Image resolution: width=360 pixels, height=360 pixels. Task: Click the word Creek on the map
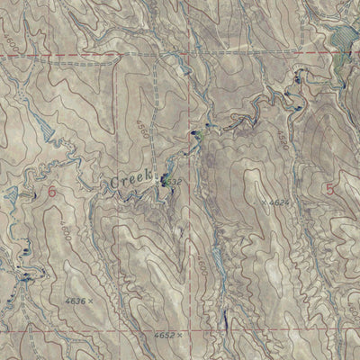point(132,181)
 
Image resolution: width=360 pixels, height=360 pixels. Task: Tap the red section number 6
point(51,191)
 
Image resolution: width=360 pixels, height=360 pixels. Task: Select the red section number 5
point(330,189)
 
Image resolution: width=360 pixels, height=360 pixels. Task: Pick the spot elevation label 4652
point(161,334)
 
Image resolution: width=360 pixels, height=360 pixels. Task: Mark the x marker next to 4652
point(180,334)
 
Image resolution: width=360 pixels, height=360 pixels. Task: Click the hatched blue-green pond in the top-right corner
point(340,40)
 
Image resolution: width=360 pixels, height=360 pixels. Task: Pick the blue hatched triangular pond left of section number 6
point(11,193)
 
